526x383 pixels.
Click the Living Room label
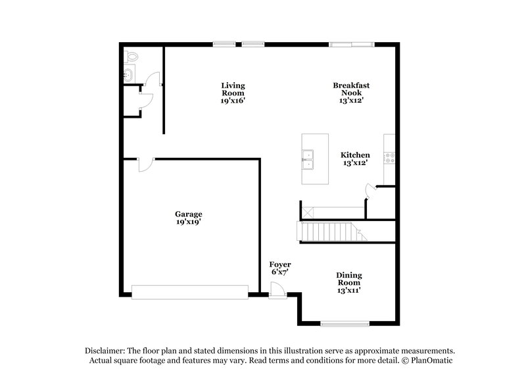pyautogui.click(x=233, y=89)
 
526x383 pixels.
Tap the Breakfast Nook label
pyautogui.click(x=350, y=89)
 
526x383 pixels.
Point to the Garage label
pyautogui.click(x=188, y=214)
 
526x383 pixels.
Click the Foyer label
pyautogui.click(x=280, y=265)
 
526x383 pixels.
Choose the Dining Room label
pyautogui.click(x=349, y=278)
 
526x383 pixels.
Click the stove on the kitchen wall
pyautogui.click(x=391, y=157)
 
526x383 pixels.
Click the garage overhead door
pyautogui.click(x=190, y=291)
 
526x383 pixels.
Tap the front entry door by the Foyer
pyautogui.click(x=278, y=290)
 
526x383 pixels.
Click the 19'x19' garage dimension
pyautogui.click(x=188, y=222)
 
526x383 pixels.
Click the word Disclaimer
pyautogui.click(x=103, y=351)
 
